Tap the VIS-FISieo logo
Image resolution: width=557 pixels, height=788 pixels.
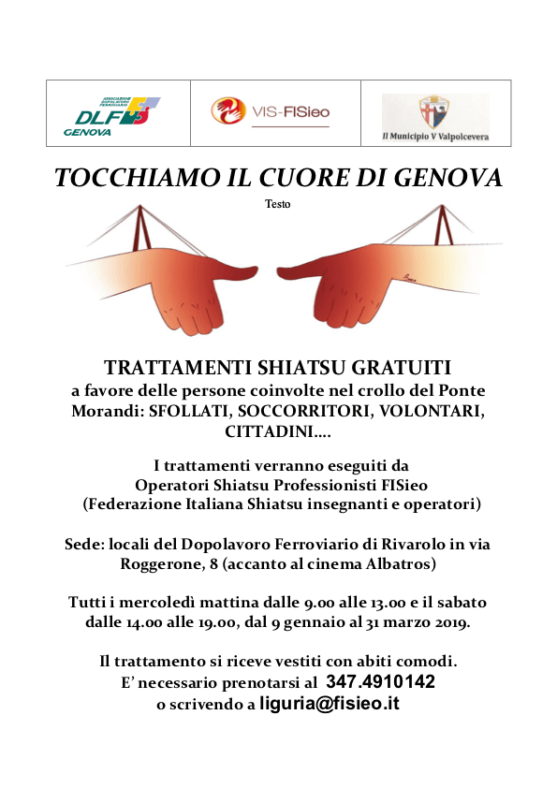pyautogui.click(x=270, y=112)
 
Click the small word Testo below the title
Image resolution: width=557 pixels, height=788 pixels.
pyautogui.click(x=278, y=203)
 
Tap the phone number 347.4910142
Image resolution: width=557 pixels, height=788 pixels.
pyautogui.click(x=380, y=683)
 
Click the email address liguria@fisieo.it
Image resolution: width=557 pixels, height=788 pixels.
pyautogui.click(x=330, y=704)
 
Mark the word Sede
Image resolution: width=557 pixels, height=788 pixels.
pyautogui.click(x=83, y=544)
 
